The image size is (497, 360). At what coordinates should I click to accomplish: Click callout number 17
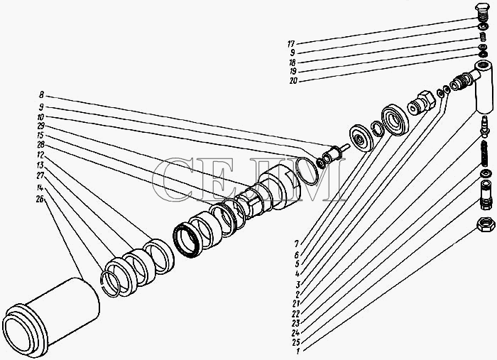(291, 44)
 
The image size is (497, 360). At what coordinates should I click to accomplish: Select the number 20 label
(293, 81)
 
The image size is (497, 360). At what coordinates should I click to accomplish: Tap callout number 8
(41, 94)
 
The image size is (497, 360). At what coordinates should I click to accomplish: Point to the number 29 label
(40, 126)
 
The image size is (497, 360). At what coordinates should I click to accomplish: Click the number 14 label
(40, 188)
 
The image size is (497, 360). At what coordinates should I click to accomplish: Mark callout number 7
(296, 244)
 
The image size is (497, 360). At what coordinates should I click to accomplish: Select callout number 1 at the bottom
(297, 351)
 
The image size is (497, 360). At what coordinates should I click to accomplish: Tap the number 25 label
(296, 342)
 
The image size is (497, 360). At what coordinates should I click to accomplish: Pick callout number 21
(296, 304)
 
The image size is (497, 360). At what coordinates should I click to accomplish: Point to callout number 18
(293, 62)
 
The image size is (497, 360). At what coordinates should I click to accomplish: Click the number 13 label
(40, 165)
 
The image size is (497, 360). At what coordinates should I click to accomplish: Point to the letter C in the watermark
(173, 180)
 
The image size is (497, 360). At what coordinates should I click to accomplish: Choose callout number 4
(297, 273)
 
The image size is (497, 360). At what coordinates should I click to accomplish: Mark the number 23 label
(296, 323)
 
